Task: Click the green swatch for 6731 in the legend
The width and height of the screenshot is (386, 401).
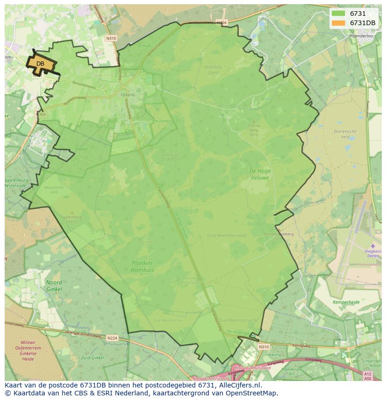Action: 339,14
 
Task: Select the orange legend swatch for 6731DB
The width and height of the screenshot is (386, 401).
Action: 339,23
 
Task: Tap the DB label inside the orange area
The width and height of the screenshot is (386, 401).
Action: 40,64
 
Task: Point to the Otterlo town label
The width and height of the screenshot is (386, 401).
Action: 128,95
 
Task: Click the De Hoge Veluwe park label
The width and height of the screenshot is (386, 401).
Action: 260,174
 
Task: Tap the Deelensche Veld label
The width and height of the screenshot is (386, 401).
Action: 345,134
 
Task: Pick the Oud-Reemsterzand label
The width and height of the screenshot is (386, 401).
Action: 227,236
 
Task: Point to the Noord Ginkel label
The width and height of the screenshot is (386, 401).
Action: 54,286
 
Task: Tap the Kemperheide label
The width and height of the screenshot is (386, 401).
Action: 346,302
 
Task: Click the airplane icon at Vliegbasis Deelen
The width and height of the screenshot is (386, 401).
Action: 372,245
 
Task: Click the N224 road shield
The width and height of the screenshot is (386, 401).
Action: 112,338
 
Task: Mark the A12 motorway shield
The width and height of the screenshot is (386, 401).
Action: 367,374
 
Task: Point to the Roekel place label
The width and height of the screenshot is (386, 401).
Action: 82,150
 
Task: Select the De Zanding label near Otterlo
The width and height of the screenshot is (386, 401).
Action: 163,121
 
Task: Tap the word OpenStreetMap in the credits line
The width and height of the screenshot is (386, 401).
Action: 252,393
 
